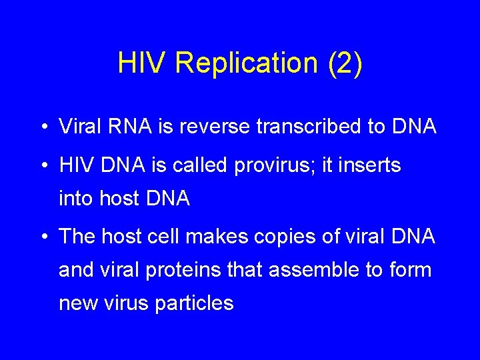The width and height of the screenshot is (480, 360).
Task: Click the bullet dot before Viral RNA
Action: (x=43, y=127)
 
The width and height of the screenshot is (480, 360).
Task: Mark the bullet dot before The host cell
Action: (x=43, y=237)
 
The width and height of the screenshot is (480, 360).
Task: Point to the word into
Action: (x=75, y=198)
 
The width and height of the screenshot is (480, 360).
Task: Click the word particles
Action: (x=194, y=304)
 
